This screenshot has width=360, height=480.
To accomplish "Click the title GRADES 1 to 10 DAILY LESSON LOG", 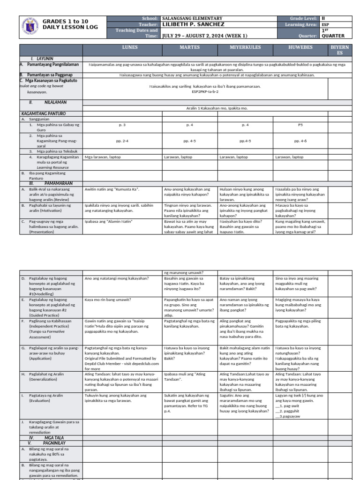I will (71, 24).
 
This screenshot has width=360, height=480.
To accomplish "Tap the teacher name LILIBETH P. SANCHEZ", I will (193, 24).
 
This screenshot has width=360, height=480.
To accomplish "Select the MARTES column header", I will (189, 48).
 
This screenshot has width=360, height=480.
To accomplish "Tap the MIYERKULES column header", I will (245, 48).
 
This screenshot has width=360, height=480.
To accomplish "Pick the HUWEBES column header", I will (300, 48).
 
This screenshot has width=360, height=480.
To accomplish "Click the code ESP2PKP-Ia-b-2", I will (205, 92).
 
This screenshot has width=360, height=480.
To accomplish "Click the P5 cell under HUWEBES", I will (300, 125).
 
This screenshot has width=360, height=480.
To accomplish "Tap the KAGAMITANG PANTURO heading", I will (44, 114).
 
